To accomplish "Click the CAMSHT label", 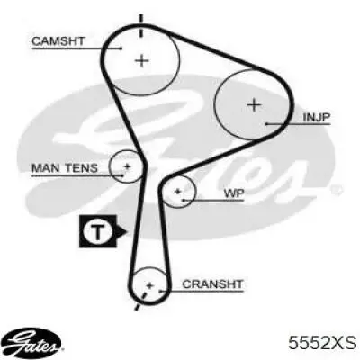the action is click(58, 41).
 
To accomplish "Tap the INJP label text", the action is click(317, 117).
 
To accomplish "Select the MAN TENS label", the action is click(65, 168).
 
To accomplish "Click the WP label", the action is click(234, 193).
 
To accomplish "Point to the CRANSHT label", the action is click(212, 283).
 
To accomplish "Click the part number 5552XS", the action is click(322, 343).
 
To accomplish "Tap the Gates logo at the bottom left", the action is click(33, 342).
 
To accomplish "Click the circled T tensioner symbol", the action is click(97, 231).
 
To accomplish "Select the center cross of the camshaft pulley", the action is click(142, 61).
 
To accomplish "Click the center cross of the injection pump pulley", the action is click(255, 105).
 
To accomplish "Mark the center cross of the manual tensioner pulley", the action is click(127, 166).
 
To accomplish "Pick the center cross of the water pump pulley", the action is click(178, 191).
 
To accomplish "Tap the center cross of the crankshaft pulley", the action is click(150, 285).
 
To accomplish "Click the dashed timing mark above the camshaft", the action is click(140, 25).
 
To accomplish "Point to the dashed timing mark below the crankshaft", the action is click(140, 301).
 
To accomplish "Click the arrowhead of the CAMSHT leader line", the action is click(120, 48).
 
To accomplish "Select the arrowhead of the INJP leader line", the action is click(267, 123).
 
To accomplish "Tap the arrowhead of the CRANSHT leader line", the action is click(161, 291).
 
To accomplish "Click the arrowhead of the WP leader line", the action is click(184, 200).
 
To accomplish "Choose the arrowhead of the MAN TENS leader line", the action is click(121, 175).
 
